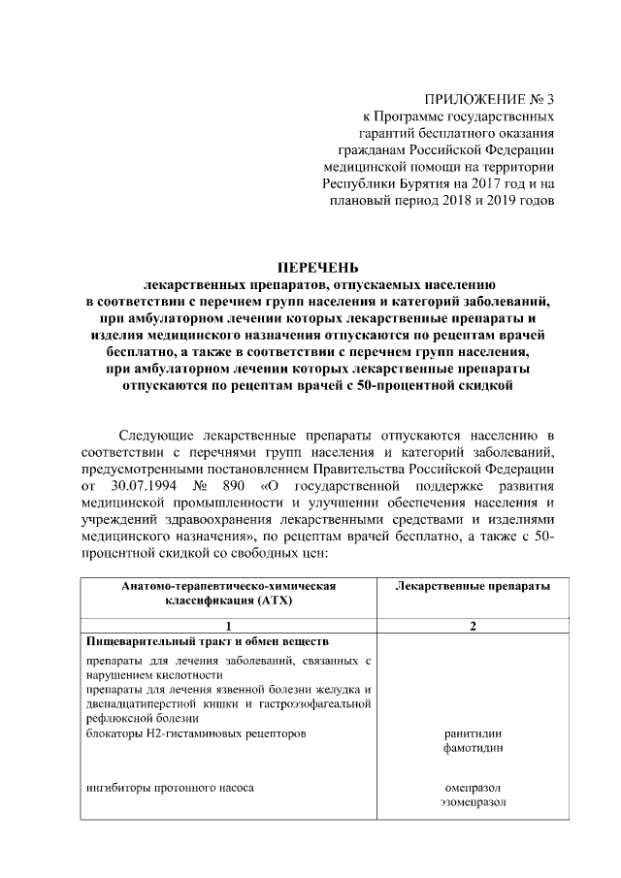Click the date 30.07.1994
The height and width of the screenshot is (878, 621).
click(147, 482)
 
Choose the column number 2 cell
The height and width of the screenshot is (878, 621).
click(473, 626)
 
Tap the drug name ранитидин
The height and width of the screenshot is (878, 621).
click(473, 733)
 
